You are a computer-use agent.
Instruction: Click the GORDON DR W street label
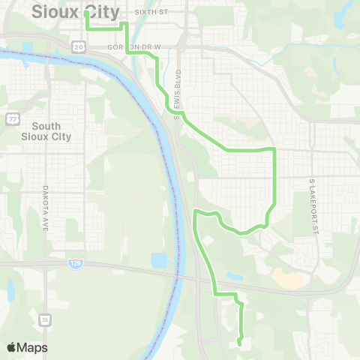click(x=135, y=46)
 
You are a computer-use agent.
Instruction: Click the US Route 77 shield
click(x=13, y=118)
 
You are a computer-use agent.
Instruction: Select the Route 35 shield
click(x=45, y=319)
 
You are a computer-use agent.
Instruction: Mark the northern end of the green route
click(x=86, y=13)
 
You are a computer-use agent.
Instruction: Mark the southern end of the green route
click(x=238, y=343)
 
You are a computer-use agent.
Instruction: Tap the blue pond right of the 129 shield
click(x=158, y=261)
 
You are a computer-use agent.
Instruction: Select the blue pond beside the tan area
click(x=235, y=277)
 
